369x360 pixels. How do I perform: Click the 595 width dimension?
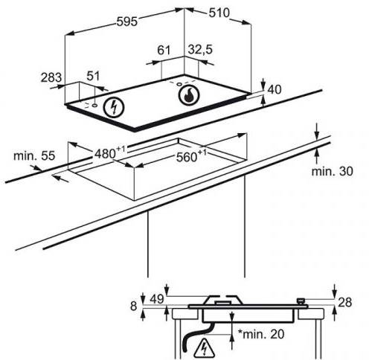coord(126,22)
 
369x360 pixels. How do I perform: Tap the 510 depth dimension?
coord(219,13)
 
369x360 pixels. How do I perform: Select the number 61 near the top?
coord(164,50)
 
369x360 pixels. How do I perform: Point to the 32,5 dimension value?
coord(200,50)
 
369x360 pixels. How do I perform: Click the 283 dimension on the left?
coord(51,77)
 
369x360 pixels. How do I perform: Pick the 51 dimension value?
coord(93,76)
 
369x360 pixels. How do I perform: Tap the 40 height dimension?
coord(275,89)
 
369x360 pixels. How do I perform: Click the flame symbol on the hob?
coord(189,95)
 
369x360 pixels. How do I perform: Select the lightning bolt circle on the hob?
coord(114,107)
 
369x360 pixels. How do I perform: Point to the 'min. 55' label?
coord(34,155)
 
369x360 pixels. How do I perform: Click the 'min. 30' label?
coord(332,171)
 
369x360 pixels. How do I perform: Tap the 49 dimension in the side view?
coord(157,299)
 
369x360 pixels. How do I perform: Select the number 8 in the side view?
coord(134,306)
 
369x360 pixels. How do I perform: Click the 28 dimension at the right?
coord(344,303)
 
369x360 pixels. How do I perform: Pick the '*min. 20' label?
coord(261,334)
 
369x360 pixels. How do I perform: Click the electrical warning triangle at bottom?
coord(204,347)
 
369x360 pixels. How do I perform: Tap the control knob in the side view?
coord(301,302)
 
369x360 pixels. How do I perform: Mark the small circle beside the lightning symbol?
coord(94,106)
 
